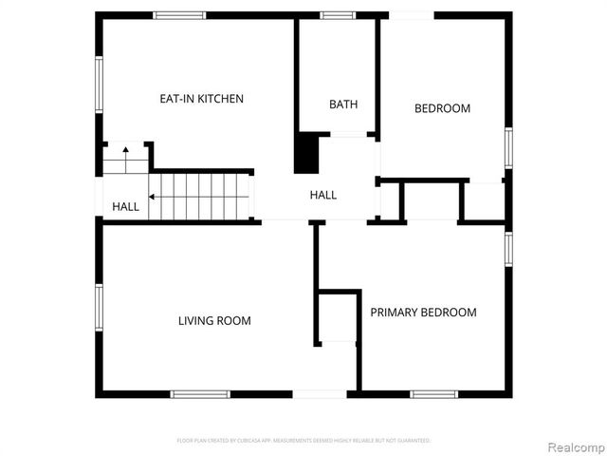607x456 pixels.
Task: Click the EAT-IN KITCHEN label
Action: tap(201, 99)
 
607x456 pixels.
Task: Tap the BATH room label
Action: tap(343, 104)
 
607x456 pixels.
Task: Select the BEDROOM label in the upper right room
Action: tap(442, 108)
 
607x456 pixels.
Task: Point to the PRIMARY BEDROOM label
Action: tap(423, 313)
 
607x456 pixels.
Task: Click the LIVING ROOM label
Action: tap(214, 321)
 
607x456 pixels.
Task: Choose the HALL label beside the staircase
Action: tap(125, 206)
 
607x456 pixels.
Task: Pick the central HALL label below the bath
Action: tap(323, 195)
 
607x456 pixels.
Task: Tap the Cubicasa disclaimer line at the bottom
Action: tap(303, 441)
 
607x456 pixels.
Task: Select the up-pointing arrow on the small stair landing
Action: tap(124, 154)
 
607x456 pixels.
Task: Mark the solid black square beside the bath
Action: tap(305, 154)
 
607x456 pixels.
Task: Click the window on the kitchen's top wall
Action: tap(180, 15)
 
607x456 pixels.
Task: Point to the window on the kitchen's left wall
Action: tap(99, 85)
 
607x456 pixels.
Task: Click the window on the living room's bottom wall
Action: tap(200, 393)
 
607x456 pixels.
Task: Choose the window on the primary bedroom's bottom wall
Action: tap(433, 393)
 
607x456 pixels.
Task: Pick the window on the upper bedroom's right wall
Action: tap(508, 147)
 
